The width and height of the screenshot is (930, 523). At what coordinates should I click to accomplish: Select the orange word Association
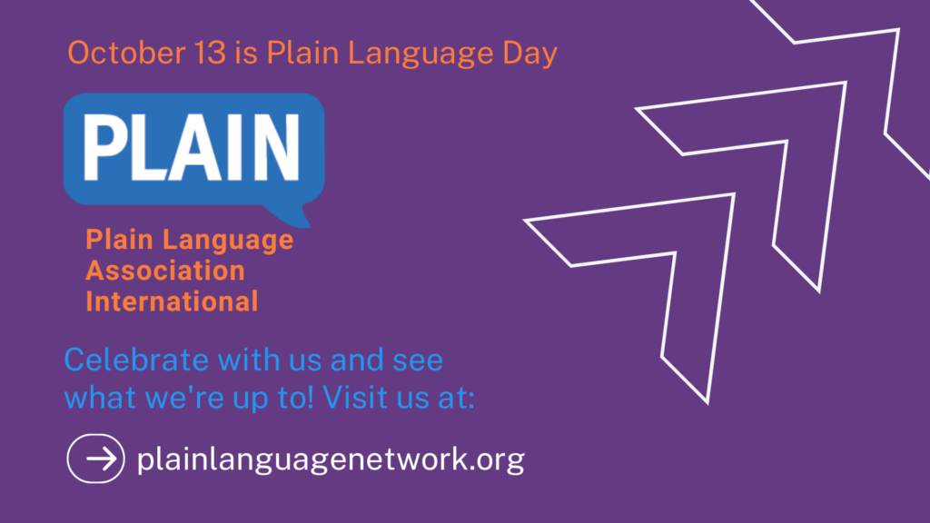tap(165, 270)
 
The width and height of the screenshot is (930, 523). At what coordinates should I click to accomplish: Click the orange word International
tap(172, 300)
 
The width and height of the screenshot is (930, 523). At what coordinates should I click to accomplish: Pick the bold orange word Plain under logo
tap(121, 240)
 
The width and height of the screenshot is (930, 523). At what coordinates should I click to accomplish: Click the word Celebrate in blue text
tap(136, 360)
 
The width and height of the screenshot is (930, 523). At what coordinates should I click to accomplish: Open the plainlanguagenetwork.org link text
tap(331, 459)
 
